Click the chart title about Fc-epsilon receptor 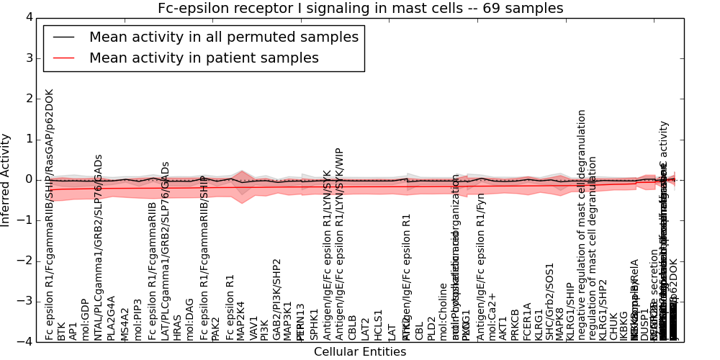pos(361,9)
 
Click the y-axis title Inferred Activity pos(6,179)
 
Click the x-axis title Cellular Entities pos(360,352)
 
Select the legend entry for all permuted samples pos(223,37)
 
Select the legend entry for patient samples pos(204,58)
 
